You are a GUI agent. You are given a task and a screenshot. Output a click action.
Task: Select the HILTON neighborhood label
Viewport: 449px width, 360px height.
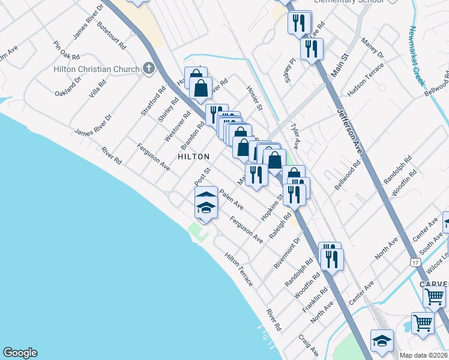[x=193, y=157]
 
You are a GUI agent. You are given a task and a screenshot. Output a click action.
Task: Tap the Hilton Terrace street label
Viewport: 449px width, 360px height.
[x=239, y=269]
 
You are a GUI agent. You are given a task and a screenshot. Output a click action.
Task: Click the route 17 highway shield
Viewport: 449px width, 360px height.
[x=415, y=262]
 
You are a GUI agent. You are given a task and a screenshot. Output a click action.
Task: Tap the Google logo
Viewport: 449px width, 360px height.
[x=20, y=353]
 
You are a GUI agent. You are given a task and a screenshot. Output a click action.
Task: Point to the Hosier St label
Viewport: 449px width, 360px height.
[x=255, y=98]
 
